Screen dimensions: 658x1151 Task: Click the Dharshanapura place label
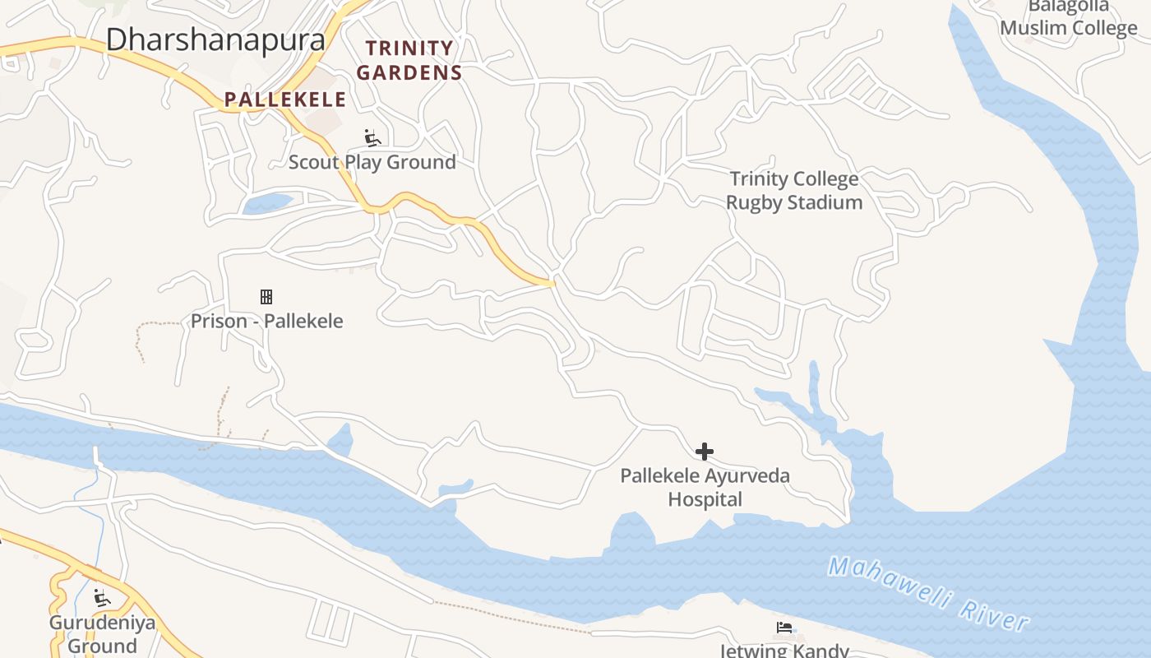click(x=215, y=39)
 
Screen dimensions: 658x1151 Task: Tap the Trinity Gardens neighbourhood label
click(x=409, y=60)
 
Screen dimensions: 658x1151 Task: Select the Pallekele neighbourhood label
click(x=285, y=100)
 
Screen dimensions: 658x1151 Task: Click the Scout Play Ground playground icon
click(x=372, y=137)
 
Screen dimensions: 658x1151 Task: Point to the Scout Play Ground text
click(x=372, y=162)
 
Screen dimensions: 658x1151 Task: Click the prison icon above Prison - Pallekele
click(x=266, y=297)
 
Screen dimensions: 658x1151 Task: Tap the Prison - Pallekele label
click(x=266, y=321)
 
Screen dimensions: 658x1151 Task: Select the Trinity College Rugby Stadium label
click(x=794, y=190)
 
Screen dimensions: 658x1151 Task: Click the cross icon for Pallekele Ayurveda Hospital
click(x=705, y=452)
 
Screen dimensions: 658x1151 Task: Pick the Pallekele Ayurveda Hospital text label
click(x=705, y=487)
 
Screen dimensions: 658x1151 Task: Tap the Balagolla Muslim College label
click(x=1069, y=18)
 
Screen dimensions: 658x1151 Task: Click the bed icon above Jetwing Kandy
click(x=784, y=628)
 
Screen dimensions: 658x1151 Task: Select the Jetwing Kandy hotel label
click(x=784, y=651)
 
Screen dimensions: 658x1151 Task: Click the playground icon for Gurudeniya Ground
click(x=102, y=598)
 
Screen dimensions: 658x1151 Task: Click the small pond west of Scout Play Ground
click(x=268, y=202)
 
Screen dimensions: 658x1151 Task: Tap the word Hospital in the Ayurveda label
click(x=705, y=499)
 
